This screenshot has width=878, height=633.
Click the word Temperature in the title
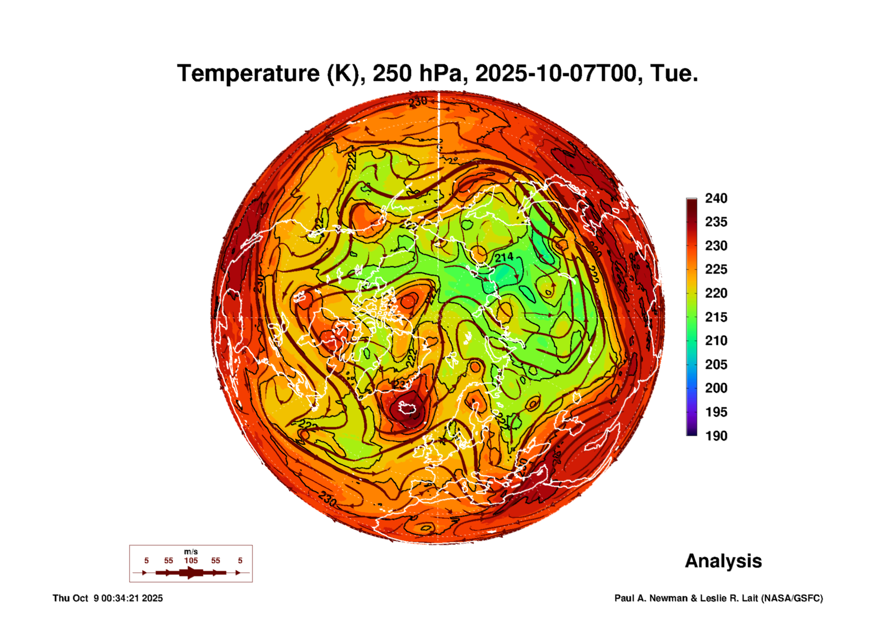coord(248,73)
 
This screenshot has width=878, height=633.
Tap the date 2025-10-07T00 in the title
coord(556,73)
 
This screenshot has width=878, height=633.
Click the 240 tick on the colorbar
coord(716,198)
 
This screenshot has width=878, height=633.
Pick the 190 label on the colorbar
coord(716,436)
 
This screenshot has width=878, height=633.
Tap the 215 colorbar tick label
coord(716,317)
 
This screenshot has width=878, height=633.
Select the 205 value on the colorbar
coord(716,365)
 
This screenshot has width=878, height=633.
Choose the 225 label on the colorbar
coord(716,269)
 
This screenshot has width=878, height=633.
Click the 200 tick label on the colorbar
coord(716,388)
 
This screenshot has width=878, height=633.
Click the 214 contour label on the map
coord(504,257)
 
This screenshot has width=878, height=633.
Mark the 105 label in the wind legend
coord(191,560)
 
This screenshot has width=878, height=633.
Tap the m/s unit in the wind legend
coord(191,551)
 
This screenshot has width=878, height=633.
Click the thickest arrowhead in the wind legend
coord(191,573)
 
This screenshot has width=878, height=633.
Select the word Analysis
coord(723,561)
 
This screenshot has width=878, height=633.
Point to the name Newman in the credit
coord(669,598)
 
